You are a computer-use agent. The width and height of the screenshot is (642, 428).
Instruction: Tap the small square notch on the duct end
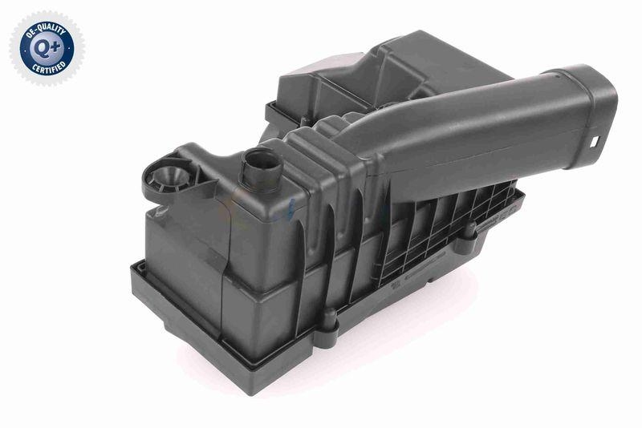coord(595,143)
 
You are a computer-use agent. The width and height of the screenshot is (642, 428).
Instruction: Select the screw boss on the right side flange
coord(468,231)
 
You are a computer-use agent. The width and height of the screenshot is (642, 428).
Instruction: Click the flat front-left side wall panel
coord(185,256)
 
